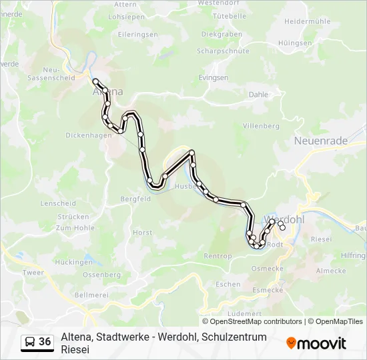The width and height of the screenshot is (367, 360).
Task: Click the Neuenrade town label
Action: [320, 141]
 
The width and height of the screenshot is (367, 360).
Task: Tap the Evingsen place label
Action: [214, 78]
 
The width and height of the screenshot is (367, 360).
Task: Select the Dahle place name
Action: [258, 95]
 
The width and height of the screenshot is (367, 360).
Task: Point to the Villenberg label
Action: [261, 125]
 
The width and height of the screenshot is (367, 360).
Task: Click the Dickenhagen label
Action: [88, 135]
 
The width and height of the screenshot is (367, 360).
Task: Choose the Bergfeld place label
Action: [135, 198]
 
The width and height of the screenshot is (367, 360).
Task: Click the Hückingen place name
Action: [75, 262]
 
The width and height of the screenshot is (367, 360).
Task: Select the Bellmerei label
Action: [90, 294]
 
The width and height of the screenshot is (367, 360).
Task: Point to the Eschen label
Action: [228, 284]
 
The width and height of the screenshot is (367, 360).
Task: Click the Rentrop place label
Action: [218, 256]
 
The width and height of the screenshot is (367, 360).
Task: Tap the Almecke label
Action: [331, 271]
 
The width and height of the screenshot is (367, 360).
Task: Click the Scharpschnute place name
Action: [224, 51]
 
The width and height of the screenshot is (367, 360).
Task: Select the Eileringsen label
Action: [137, 34]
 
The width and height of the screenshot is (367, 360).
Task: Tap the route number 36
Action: [45, 342]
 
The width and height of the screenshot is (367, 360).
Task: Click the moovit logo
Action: [316, 343]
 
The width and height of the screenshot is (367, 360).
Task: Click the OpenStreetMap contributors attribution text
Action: [252, 321]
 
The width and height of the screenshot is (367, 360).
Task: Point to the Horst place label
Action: [142, 232]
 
